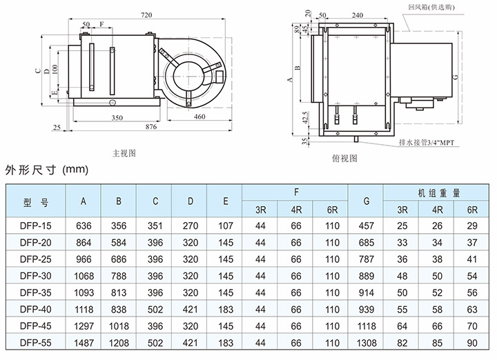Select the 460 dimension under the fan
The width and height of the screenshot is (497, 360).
(199, 117)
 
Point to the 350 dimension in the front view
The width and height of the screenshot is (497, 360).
(117, 117)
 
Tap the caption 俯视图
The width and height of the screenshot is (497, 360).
(344, 157)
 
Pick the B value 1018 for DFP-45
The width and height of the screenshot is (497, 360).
(119, 326)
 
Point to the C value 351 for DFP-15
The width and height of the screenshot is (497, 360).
(155, 226)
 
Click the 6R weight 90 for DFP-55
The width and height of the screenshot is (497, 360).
(472, 343)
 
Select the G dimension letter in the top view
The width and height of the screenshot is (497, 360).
(456, 77)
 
